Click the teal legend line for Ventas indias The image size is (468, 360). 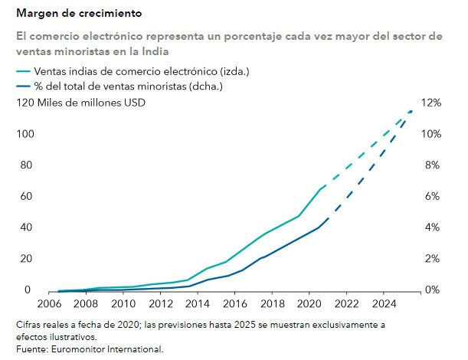[26, 71]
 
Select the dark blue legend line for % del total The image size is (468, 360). [26, 87]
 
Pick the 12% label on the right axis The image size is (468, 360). [431, 103]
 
